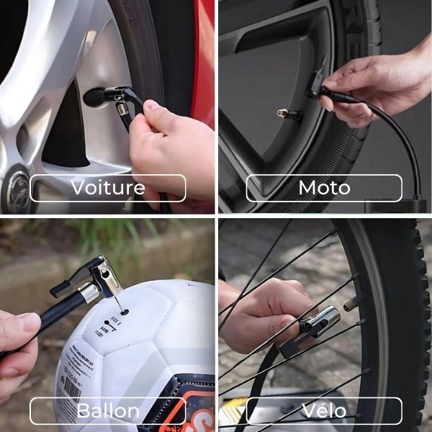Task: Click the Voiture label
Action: point(107,188)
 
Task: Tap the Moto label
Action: point(324,188)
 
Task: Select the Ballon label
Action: point(107,411)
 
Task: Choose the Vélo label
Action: point(324,411)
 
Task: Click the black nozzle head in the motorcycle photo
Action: point(317,83)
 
